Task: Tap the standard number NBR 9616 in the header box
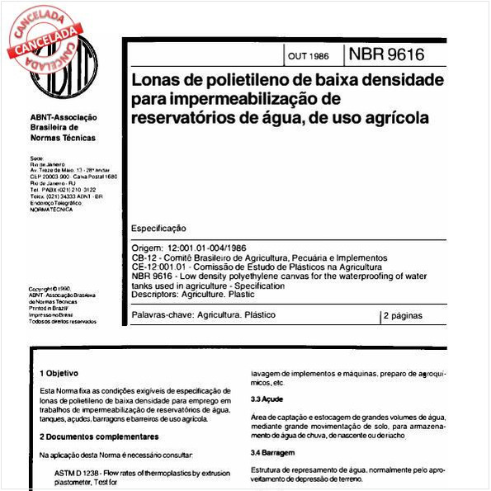[x=386, y=55]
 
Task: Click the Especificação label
[x=159, y=228]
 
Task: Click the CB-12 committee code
[x=145, y=258]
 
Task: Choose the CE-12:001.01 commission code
[x=161, y=267]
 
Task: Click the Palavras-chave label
[x=156, y=315]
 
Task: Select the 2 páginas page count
[x=403, y=315]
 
